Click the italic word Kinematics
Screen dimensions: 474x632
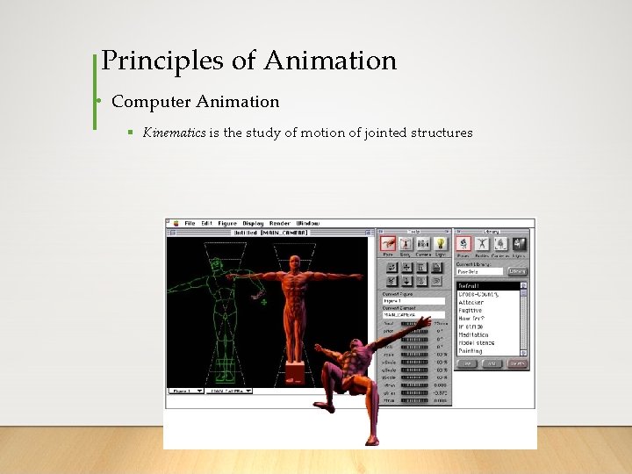pos(175,133)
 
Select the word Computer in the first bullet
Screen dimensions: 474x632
pos(144,101)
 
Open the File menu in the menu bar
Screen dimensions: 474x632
pos(190,223)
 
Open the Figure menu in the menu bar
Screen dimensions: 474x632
pos(227,223)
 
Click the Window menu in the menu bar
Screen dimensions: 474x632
pos(307,223)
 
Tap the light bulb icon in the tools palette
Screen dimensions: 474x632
pos(440,243)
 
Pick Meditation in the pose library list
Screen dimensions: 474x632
pos(475,334)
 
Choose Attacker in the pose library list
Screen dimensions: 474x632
pos(473,302)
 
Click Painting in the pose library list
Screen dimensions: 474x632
pos(471,350)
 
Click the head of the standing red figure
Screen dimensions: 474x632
pos(294,262)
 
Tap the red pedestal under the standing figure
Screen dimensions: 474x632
pos(294,373)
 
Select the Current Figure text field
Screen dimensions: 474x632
pos(413,301)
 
